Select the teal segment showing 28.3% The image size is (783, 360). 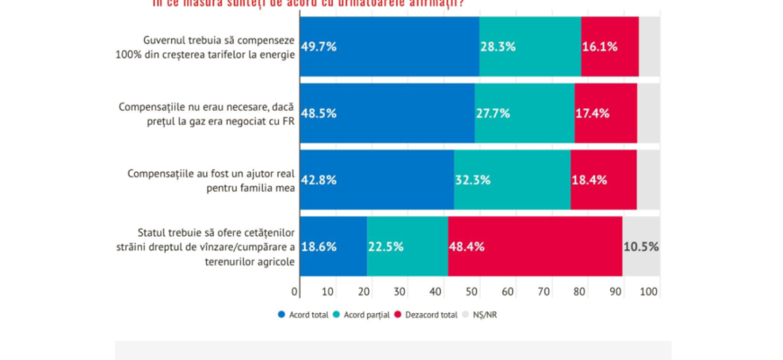529,47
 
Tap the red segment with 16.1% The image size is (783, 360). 609,47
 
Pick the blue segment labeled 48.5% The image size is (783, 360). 387,113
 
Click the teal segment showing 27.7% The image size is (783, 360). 524,113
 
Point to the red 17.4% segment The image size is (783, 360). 605,113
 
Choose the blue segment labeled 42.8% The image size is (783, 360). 376,180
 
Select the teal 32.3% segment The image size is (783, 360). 511,180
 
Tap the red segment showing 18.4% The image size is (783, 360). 603,180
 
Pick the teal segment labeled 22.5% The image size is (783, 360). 407,247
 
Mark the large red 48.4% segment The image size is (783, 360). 535,247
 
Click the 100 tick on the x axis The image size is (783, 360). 648,292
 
